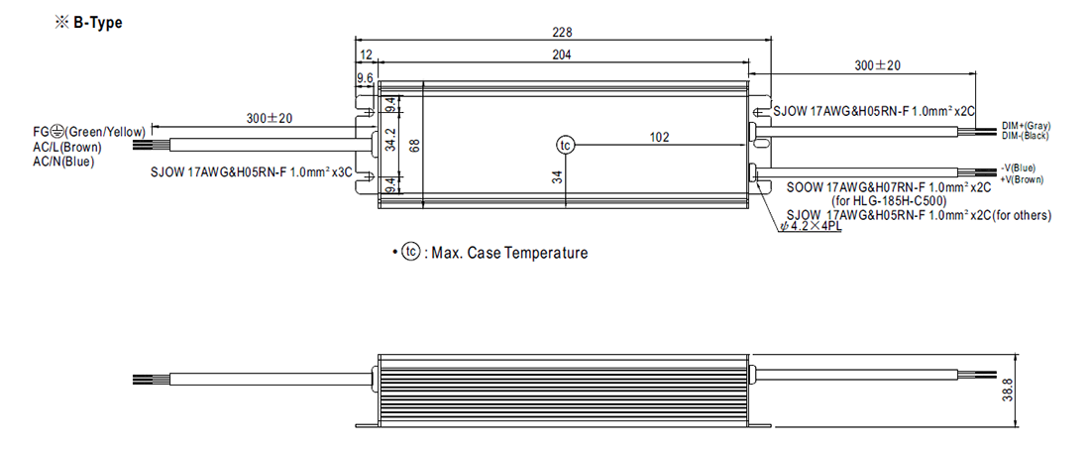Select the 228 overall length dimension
562,32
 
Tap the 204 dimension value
563,56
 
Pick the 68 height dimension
415,145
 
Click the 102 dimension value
660,137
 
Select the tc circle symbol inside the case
565,146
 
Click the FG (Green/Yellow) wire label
90,131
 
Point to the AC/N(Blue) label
64,161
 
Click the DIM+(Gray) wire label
1027,126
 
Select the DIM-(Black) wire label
1027,135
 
